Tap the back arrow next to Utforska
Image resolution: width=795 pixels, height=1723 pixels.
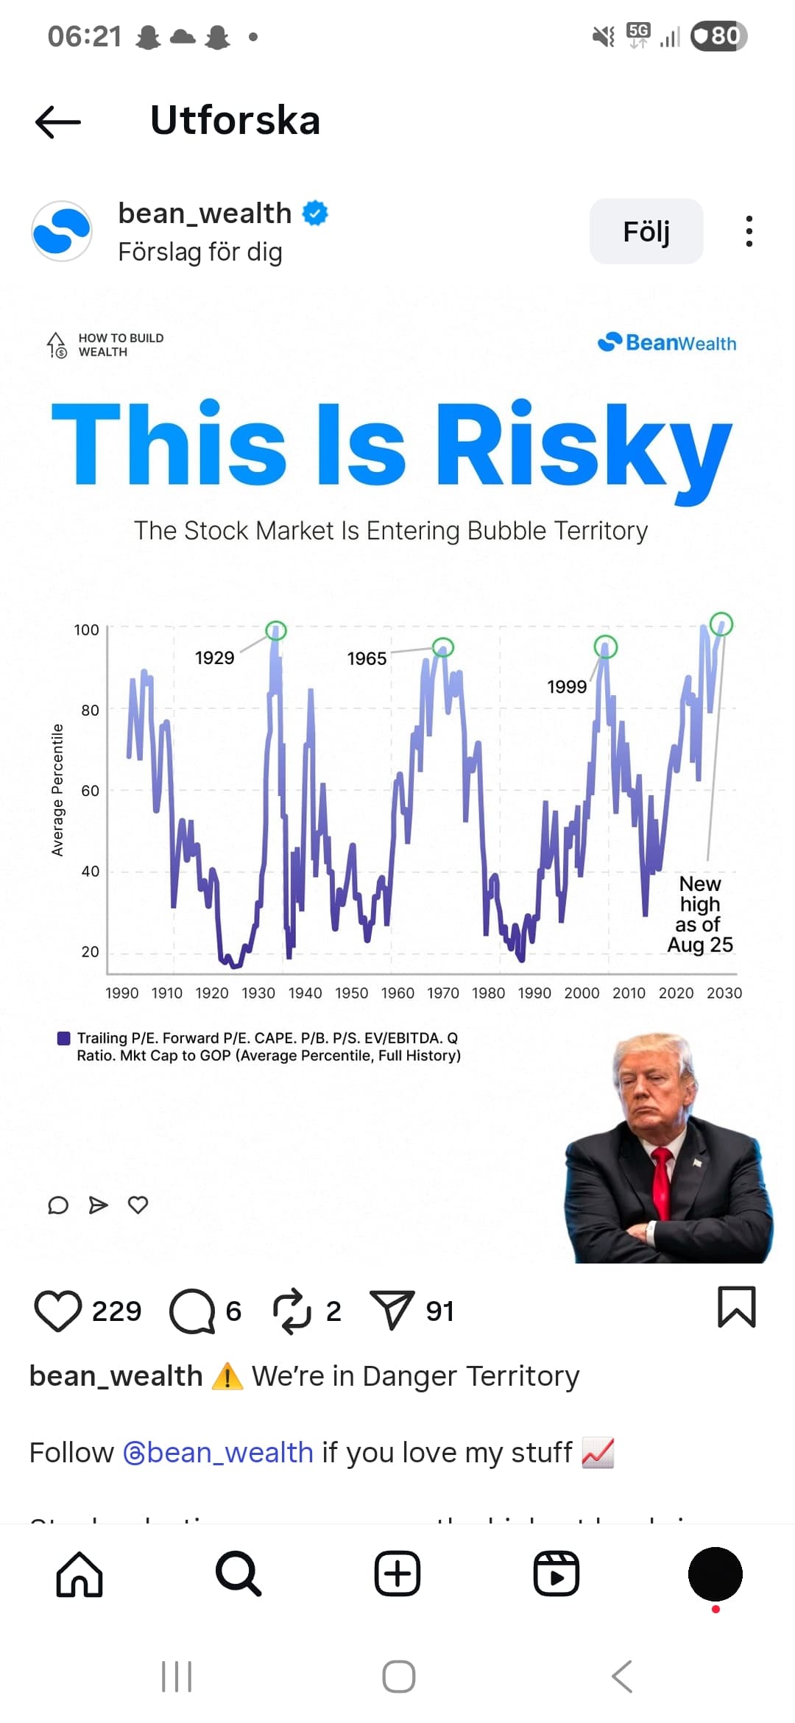(57, 121)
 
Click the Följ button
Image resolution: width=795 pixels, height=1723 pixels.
(646, 231)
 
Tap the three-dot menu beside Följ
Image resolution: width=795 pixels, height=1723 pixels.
(749, 231)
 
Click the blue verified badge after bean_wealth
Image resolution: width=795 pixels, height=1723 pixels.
(315, 213)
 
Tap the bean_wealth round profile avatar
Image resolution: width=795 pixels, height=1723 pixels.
(62, 231)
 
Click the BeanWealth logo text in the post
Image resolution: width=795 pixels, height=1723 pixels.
(668, 342)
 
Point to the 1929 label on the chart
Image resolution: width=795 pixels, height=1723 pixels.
(214, 658)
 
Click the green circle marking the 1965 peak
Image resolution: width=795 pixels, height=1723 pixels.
(443, 647)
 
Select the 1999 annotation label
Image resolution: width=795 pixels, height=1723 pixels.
(567, 686)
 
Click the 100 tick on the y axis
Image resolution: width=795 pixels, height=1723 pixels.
(86, 630)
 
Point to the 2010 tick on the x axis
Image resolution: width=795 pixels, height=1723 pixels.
(629, 993)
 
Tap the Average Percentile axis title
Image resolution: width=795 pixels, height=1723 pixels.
(57, 789)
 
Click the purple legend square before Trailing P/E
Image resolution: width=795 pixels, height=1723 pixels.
(64, 1038)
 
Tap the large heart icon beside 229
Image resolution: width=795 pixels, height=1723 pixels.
(57, 1311)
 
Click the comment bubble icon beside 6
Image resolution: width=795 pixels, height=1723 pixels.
(192, 1311)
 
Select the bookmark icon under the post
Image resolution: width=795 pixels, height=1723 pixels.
(736, 1307)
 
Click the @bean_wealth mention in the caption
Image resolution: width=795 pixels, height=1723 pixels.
(219, 1452)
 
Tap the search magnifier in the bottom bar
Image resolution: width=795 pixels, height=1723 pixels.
(239, 1574)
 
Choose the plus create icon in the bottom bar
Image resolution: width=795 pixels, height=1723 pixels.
(397, 1574)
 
